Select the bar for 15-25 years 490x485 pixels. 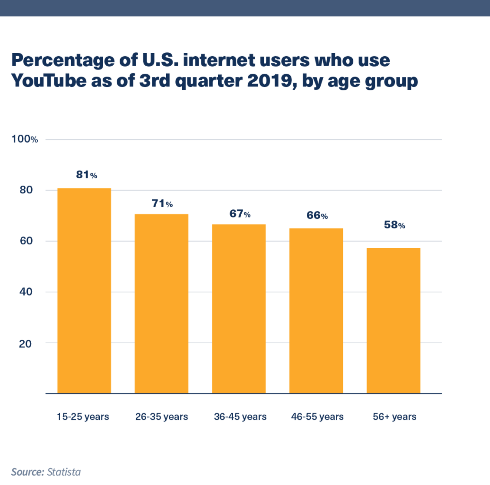click(x=84, y=291)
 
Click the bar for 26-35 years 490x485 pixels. click(x=161, y=303)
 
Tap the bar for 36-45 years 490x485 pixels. click(x=238, y=309)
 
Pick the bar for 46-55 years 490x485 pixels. click(x=316, y=311)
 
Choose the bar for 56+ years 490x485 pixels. click(x=393, y=320)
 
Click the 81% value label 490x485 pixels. click(x=87, y=175)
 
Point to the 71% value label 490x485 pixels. click(x=162, y=204)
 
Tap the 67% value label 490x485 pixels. click(x=240, y=214)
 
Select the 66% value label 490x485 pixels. click(x=317, y=216)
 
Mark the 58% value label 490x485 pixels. click(x=394, y=225)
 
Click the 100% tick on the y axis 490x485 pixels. click(x=28, y=139)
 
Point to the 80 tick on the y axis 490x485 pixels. click(x=26, y=190)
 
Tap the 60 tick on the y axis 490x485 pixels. click(x=26, y=241)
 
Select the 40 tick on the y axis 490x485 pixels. click(x=26, y=292)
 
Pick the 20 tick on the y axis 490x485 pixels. click(x=26, y=343)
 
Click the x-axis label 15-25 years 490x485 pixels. click(x=83, y=416)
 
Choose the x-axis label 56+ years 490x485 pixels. click(x=394, y=416)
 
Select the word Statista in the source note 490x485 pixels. click(x=64, y=472)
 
